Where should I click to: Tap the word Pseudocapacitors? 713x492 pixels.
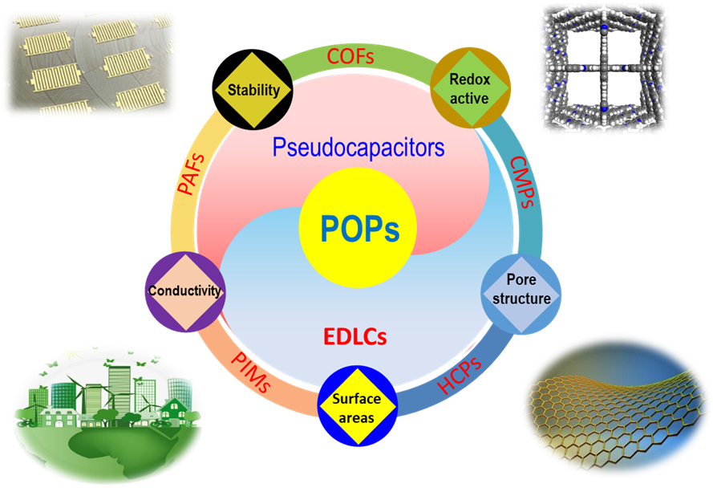(358, 148)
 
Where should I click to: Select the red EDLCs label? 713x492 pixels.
(355, 336)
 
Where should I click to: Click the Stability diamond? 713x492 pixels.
(253, 89)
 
